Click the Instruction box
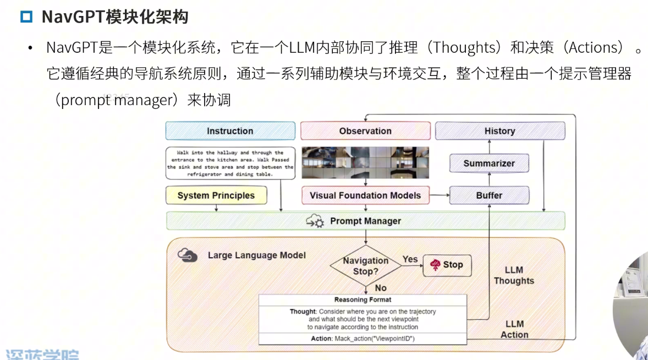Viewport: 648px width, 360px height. tap(230, 131)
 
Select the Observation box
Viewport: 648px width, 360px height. tap(365, 131)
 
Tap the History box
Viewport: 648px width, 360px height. tap(499, 131)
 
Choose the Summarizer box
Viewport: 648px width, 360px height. tap(489, 163)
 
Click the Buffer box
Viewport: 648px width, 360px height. tap(489, 195)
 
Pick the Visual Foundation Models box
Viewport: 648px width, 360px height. tap(365, 195)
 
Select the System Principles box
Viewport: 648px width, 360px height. tap(216, 195)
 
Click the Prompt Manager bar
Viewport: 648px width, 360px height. tap(365, 221)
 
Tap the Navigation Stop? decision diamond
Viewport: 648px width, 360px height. tap(365, 266)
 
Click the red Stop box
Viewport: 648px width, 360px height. tap(447, 265)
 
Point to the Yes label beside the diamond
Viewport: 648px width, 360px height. tap(410, 259)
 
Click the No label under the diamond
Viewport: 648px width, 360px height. tap(381, 288)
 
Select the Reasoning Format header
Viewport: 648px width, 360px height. tap(363, 300)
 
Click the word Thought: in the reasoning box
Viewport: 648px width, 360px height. tap(303, 312)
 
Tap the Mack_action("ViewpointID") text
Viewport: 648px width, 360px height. tap(374, 339)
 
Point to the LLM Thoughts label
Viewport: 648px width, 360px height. tap(514, 275)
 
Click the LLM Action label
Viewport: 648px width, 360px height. tap(514, 329)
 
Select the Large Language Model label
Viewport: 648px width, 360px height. tap(256, 255)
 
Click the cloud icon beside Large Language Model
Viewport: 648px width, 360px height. tap(188, 255)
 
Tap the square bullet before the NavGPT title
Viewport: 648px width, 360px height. tap(26, 17)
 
